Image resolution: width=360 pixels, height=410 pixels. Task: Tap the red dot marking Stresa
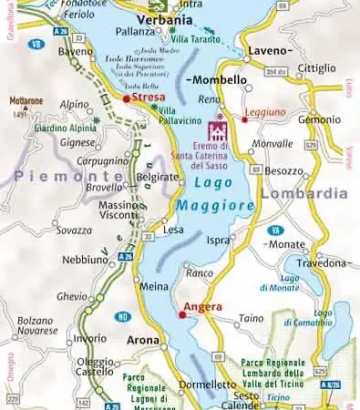[x=126, y=97]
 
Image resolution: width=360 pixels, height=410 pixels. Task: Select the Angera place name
[x=203, y=307]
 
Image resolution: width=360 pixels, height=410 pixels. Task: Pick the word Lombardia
[x=303, y=193]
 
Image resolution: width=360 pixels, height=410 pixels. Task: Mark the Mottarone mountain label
[x=26, y=101]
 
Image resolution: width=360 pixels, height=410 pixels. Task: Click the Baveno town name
[x=76, y=52]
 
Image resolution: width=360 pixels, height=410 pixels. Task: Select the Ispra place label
[x=219, y=240]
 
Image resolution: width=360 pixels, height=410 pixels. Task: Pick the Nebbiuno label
[x=85, y=260]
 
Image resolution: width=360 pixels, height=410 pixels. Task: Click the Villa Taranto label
[x=193, y=41]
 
